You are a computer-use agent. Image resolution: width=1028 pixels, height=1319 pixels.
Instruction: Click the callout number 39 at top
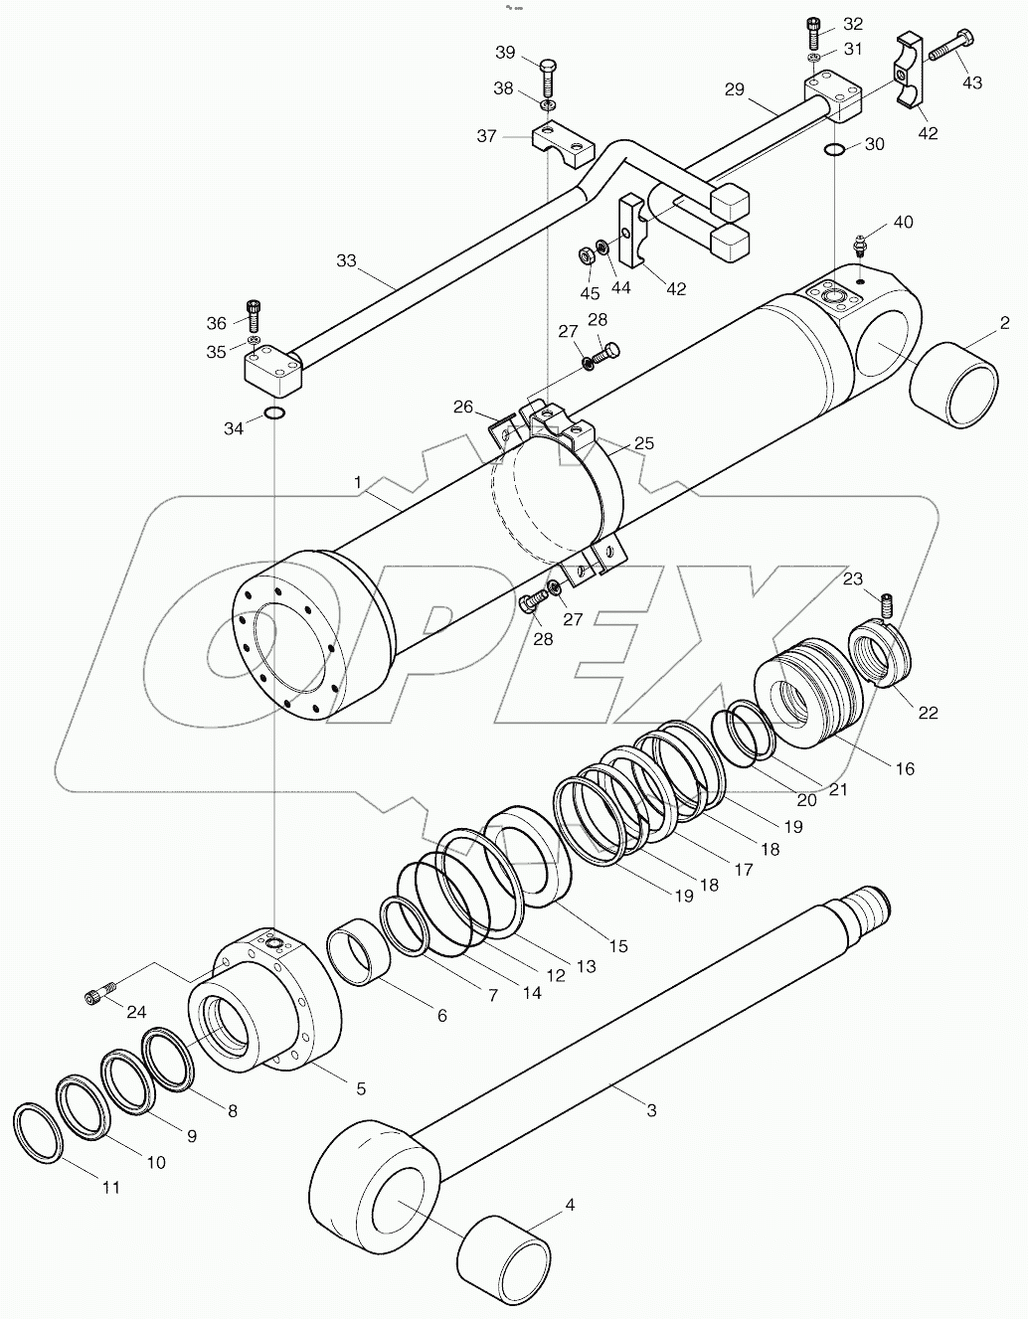(505, 52)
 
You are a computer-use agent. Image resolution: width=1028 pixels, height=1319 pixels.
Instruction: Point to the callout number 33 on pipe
(346, 261)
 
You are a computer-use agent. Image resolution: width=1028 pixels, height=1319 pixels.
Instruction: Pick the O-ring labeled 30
(835, 150)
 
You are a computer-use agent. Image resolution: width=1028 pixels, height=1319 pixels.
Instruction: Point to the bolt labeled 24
(99, 992)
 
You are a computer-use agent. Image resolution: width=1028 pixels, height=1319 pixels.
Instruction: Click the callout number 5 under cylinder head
(360, 1088)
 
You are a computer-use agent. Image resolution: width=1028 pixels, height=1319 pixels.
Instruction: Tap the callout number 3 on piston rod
(651, 1110)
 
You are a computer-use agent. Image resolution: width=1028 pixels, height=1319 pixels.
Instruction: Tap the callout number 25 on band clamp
(644, 443)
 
